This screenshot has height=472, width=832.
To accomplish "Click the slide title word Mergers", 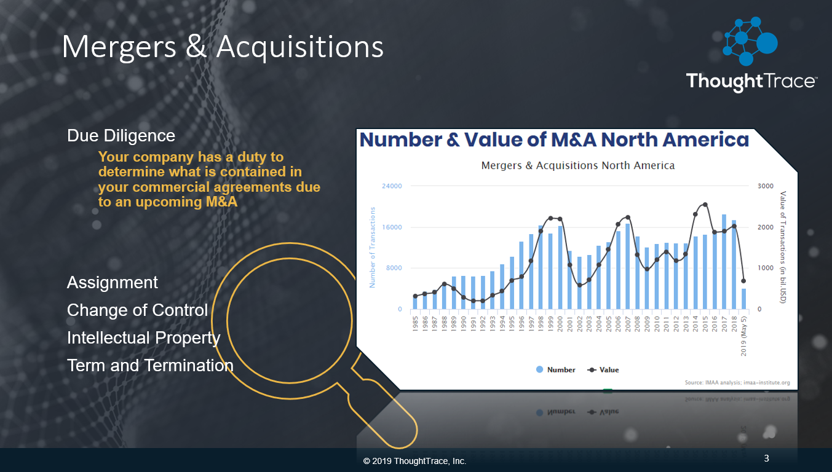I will point(117,47).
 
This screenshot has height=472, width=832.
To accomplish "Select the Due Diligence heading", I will point(121,136).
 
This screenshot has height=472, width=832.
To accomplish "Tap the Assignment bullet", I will point(113,283).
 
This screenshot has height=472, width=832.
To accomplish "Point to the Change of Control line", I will point(137,310).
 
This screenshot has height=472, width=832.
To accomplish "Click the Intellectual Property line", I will point(143,338).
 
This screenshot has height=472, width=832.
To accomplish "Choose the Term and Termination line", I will point(150,366).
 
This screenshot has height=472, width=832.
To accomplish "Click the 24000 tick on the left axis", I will point(392,186).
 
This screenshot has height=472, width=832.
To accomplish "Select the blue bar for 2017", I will point(724,264).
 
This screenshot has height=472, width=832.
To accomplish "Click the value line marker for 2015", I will point(705,205).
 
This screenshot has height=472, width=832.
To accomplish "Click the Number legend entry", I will point(556,370).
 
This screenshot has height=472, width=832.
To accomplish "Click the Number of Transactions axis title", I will point(373,247).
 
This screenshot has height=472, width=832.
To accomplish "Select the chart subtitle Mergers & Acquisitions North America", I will point(577,166).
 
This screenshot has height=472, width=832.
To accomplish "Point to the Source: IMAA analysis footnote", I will point(737,382).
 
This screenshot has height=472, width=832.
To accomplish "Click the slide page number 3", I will point(766,458).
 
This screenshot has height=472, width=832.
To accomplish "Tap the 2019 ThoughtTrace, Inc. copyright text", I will point(415,461).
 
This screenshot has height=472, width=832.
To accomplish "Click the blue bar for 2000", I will point(560,268).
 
